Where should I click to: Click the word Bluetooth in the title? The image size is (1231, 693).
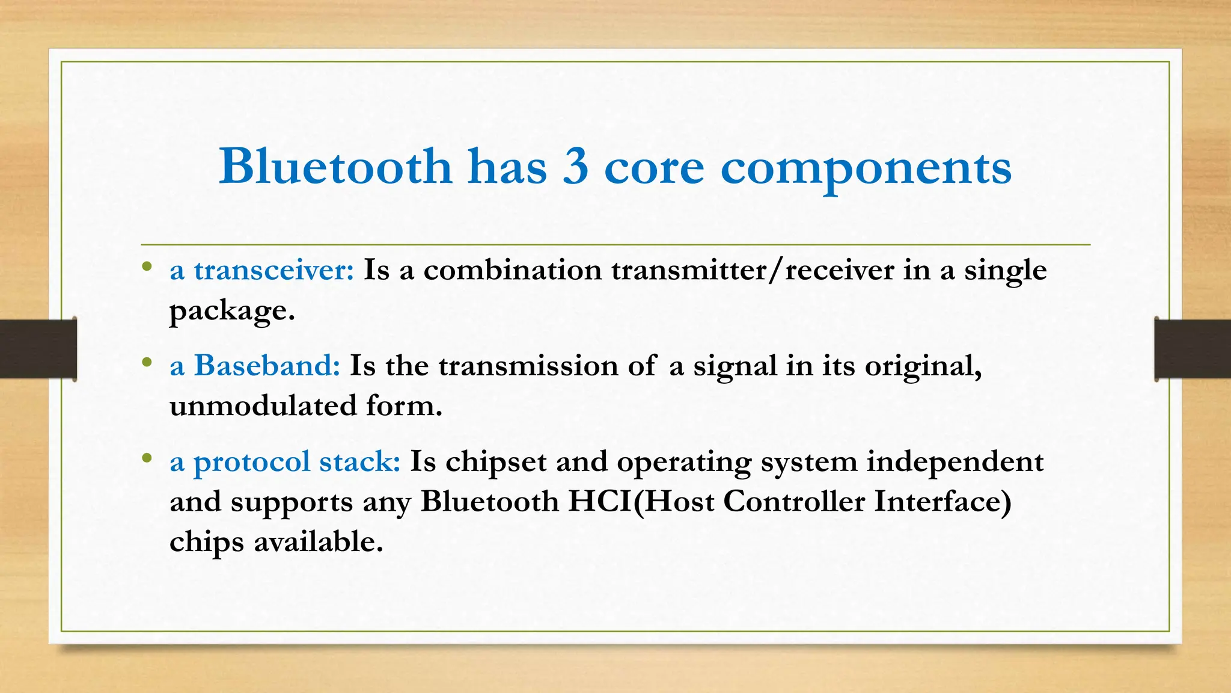point(335,166)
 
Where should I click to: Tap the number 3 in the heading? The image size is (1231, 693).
point(575,167)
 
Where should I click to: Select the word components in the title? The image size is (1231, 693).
point(866,168)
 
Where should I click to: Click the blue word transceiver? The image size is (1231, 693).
point(274,269)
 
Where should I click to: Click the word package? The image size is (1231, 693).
point(232,311)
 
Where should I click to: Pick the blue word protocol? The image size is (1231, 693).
point(252,462)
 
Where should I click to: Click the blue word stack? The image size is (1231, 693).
point(359,461)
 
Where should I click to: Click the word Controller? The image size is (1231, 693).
point(793,501)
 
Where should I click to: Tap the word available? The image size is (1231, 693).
point(318,541)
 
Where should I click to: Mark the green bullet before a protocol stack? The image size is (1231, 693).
point(146,458)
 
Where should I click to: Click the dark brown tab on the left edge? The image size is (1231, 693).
point(38,349)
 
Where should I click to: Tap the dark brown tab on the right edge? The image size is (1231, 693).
point(1193,349)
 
